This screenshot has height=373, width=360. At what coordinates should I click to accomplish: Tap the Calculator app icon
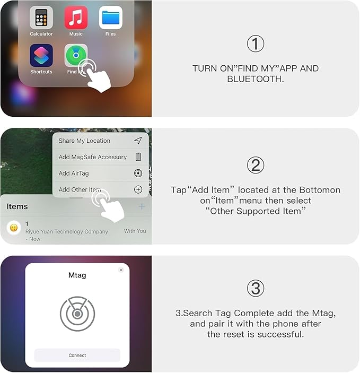click(x=41, y=18)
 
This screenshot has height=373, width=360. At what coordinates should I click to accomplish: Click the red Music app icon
click(x=76, y=18)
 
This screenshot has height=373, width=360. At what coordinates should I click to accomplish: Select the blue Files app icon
click(x=110, y=18)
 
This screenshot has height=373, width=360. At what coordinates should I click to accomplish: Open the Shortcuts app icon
click(x=41, y=55)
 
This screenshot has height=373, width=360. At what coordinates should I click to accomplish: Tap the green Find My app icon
click(x=75, y=55)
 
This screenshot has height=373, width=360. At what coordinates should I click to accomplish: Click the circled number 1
click(x=255, y=44)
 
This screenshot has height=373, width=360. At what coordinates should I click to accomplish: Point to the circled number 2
click(x=255, y=166)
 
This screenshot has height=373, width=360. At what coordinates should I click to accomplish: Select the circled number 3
click(x=255, y=288)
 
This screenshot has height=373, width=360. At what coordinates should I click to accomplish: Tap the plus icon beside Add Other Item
click(x=138, y=189)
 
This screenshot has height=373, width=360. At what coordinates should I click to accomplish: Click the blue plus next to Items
click(x=142, y=206)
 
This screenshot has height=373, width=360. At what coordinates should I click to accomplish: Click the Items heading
click(x=17, y=206)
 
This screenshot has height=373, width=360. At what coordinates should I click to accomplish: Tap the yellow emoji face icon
click(x=14, y=228)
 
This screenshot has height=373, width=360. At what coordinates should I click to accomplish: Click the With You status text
click(x=135, y=231)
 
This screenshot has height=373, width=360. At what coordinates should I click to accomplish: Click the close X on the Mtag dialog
click(x=121, y=270)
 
